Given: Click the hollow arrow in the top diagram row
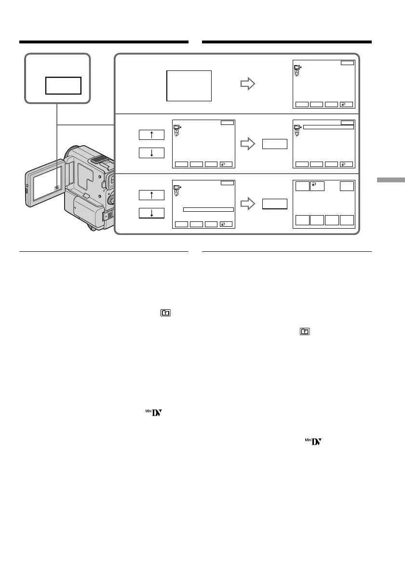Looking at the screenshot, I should pyautogui.click(x=247, y=84).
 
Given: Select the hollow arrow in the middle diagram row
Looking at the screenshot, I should pyautogui.click(x=247, y=143).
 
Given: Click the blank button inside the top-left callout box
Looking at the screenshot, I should pyautogui.click(x=63, y=85).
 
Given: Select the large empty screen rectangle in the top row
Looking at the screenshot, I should pyautogui.click(x=189, y=85).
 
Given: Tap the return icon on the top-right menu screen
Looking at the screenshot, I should pyautogui.click(x=347, y=104).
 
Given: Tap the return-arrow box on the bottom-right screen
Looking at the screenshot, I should pyautogui.click(x=317, y=187).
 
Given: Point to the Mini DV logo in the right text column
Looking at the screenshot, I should pyautogui.click(x=315, y=441).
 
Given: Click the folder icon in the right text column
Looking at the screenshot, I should pyautogui.click(x=305, y=332).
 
